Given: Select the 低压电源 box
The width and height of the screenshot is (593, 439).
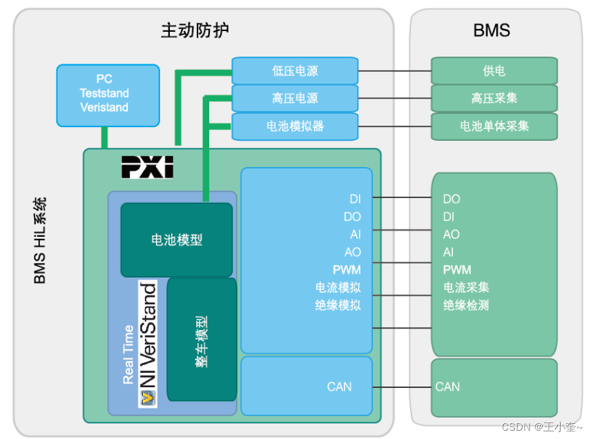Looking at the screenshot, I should click(295, 71).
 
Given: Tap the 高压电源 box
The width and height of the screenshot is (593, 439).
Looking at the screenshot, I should click(295, 98).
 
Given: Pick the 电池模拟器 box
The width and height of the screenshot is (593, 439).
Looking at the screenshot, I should click(295, 126).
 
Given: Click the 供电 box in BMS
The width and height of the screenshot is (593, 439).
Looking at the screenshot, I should click(494, 71).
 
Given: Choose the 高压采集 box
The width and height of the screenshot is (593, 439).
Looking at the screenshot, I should click(494, 98).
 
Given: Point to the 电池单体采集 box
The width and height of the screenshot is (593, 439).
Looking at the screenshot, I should click(494, 126).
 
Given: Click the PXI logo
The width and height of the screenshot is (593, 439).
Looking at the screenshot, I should click(147, 167).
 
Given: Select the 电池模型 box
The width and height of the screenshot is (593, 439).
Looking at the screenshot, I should click(177, 240).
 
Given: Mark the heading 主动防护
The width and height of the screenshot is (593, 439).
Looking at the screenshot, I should click(195, 30).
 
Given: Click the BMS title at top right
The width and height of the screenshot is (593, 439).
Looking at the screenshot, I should click(492, 30).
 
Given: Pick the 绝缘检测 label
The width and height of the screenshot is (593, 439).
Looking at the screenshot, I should click(466, 304).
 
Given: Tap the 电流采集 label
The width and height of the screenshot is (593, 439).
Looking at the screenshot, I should click(466, 287).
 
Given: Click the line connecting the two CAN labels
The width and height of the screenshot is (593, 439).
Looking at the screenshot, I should click(402, 387).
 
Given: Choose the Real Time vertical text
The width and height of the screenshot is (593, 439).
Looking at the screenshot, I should click(128, 355).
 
